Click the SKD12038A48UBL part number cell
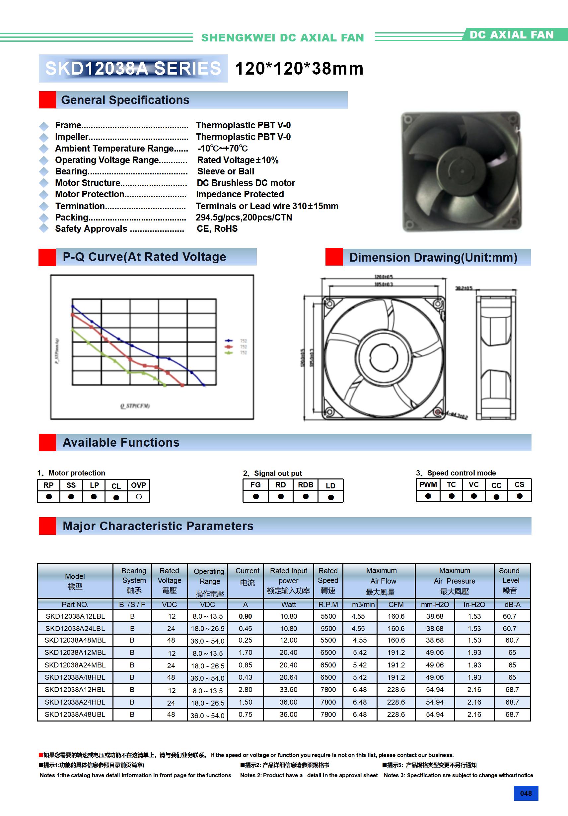(75, 714)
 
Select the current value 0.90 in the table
(246, 616)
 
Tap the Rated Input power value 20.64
(288, 677)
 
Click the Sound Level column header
(511, 580)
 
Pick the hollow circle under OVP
(139, 497)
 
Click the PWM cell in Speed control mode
(428, 484)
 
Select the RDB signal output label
(306, 485)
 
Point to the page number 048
(526, 793)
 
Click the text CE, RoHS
(217, 229)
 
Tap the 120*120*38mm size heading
(299, 69)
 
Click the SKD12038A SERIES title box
(133, 69)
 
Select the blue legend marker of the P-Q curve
(229, 341)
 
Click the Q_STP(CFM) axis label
(135, 406)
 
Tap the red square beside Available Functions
(47, 442)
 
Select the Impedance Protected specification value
(240, 194)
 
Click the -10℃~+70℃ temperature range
(223, 149)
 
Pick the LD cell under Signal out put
(330, 485)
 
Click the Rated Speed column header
(328, 580)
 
